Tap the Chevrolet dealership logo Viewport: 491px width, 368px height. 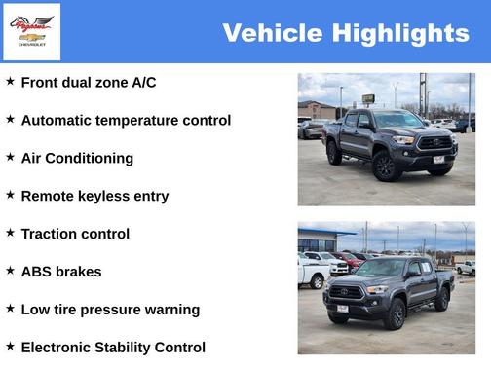32,31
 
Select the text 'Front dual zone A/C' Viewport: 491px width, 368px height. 88,83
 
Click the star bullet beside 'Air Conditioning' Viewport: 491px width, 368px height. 10,157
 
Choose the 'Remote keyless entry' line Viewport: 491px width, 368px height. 94,196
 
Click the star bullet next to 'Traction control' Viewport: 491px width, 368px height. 10,233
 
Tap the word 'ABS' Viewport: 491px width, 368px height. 37,272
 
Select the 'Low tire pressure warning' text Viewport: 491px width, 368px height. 110,310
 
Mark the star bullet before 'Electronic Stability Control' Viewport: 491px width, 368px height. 10,346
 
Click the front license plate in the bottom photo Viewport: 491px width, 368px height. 342,309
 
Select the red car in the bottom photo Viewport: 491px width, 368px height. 347,260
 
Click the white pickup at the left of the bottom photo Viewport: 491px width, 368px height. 312,273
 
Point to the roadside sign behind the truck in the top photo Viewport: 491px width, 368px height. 368,98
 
